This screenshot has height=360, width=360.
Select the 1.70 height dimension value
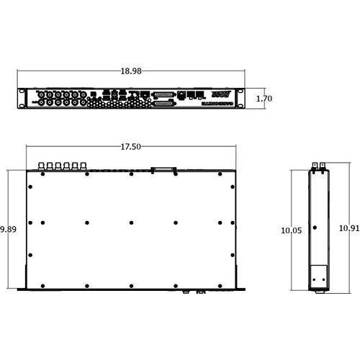[x=263, y=98]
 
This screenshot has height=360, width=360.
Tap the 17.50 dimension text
[x=130, y=147]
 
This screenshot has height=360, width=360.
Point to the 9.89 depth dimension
[x=8, y=229]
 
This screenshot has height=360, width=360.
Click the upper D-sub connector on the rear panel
[x=163, y=94]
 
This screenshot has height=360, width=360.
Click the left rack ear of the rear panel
[x=22, y=98]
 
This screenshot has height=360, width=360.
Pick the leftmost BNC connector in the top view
[x=42, y=166]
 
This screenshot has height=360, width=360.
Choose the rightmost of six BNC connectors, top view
[x=85, y=166]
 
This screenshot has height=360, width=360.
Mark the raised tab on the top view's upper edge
[x=163, y=170]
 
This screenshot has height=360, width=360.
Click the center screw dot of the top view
[x=132, y=222]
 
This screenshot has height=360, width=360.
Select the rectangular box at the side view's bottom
[x=320, y=276]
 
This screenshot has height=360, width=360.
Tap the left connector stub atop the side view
[x=315, y=166]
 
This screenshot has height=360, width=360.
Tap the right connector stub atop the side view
[x=323, y=166]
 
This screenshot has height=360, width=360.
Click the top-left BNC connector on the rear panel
[x=42, y=94]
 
